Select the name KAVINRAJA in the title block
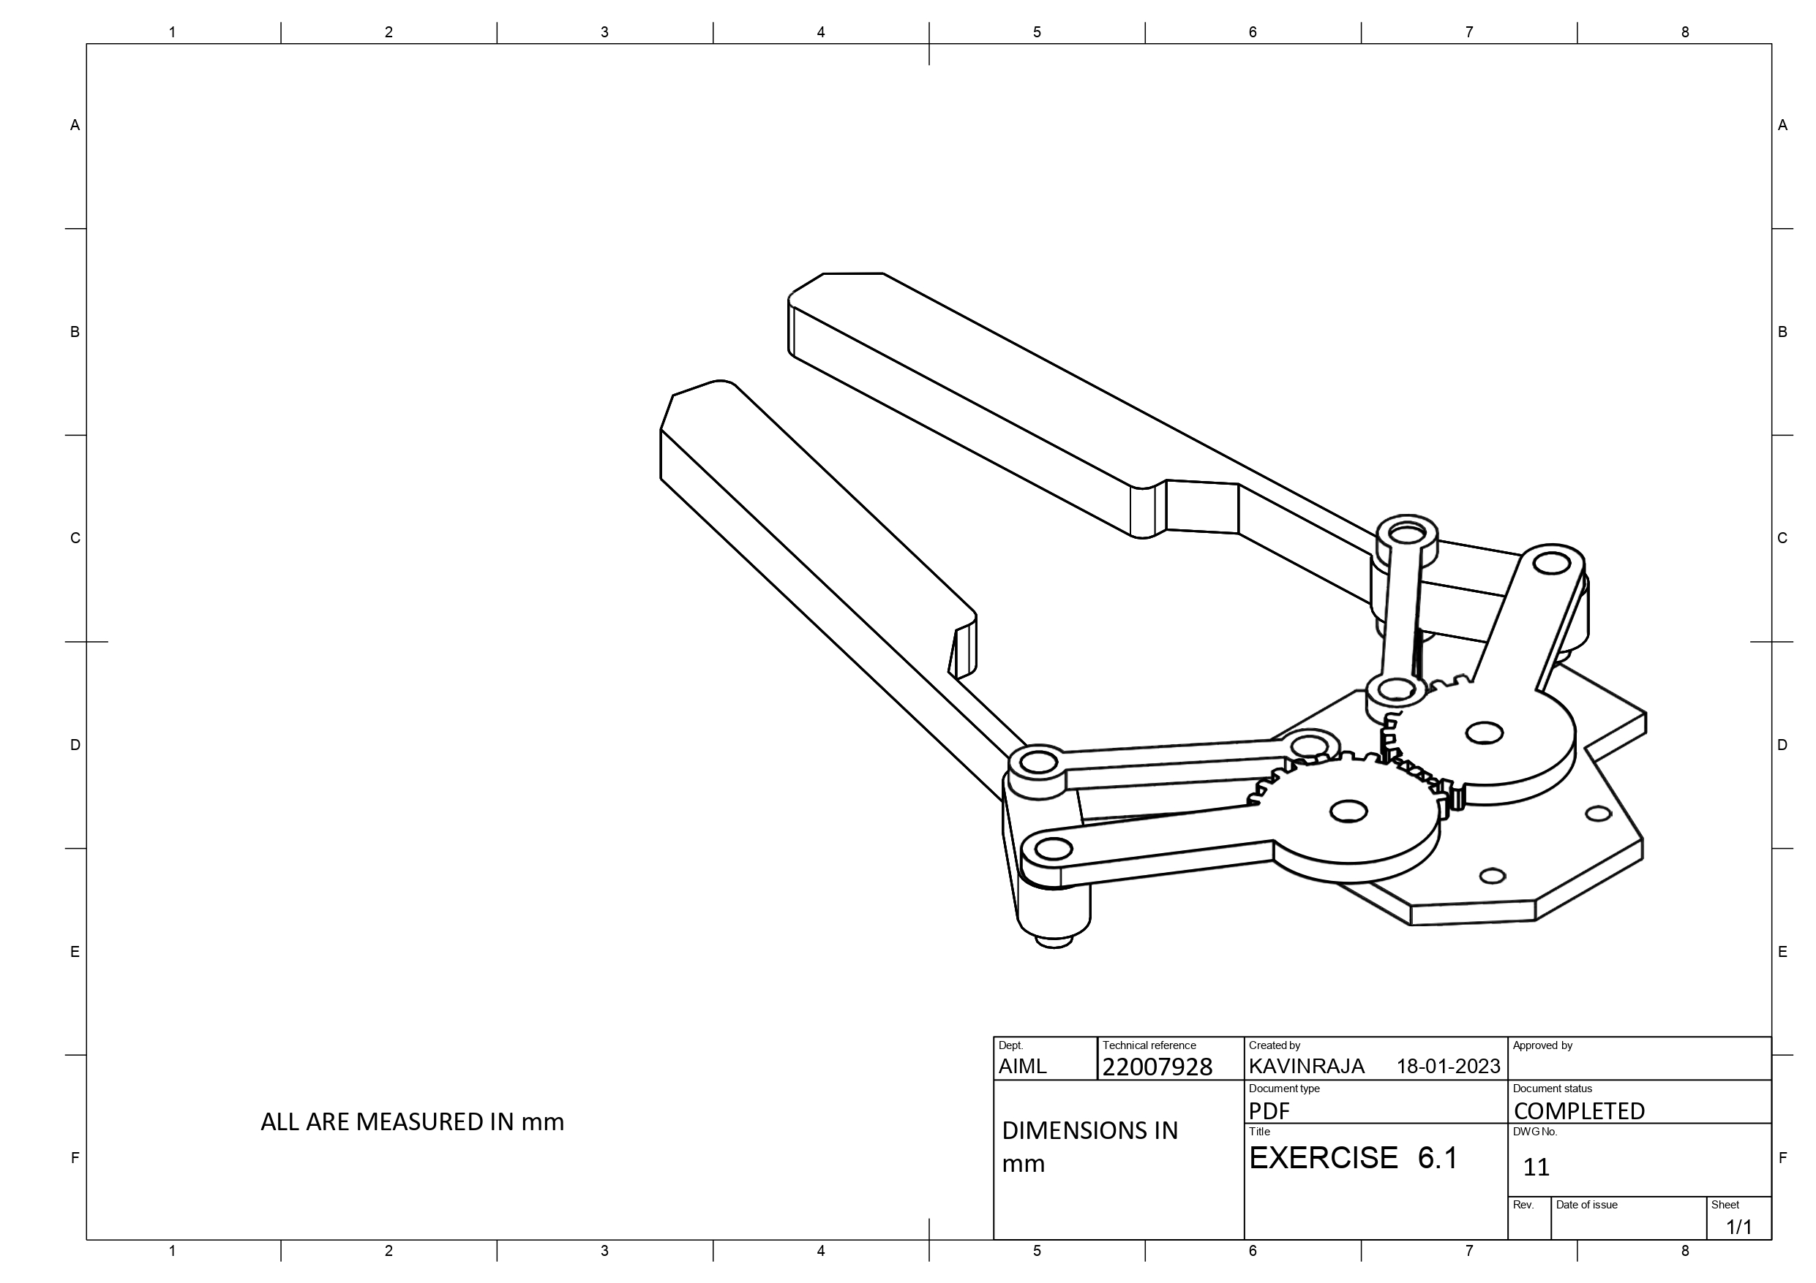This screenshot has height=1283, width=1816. (1306, 1067)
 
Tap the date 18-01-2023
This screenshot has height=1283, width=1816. (1447, 1067)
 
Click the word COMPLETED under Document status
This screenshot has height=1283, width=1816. (1579, 1110)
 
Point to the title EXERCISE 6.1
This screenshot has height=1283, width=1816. (1353, 1158)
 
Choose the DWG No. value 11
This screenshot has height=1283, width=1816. (1535, 1167)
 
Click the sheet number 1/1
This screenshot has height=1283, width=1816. (1738, 1227)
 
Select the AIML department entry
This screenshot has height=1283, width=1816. (1022, 1067)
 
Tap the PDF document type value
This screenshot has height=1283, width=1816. (1269, 1110)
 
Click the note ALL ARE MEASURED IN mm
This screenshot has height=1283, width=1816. (412, 1121)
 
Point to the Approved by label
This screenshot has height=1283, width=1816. (1542, 1045)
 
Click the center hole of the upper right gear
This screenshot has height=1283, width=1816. (1484, 733)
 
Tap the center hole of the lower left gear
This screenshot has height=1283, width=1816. (1348, 811)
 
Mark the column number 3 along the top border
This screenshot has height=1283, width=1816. (604, 31)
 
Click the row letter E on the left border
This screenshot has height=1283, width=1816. (75, 952)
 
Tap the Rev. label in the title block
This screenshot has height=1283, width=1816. (1523, 1205)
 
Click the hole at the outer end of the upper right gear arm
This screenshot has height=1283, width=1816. (1551, 563)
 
